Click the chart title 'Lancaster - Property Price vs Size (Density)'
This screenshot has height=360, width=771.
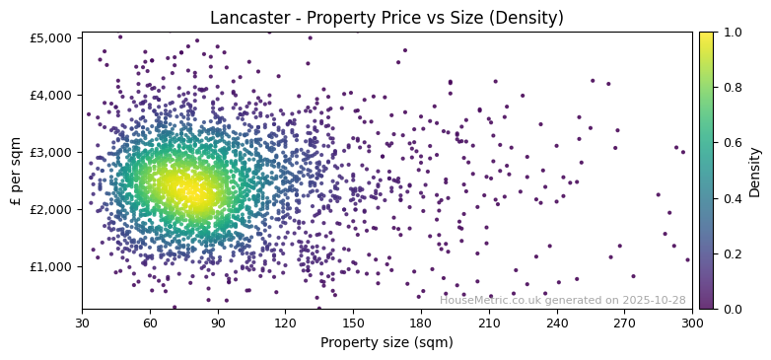tap(386, 18)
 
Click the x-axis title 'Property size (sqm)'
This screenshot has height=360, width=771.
tap(386, 342)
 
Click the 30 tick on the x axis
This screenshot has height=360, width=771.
tap(82, 322)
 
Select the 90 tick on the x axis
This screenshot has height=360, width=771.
tap(218, 322)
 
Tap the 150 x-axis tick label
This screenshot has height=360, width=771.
tap(353, 322)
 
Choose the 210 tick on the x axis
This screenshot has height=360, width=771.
tap(489, 322)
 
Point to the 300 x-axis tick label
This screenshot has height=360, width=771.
tap(692, 322)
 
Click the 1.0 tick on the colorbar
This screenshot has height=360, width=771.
tap(731, 32)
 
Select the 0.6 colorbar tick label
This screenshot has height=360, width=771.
tap(731, 143)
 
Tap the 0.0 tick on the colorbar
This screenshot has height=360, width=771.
tap(731, 309)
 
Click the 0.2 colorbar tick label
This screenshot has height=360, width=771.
tap(731, 253)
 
